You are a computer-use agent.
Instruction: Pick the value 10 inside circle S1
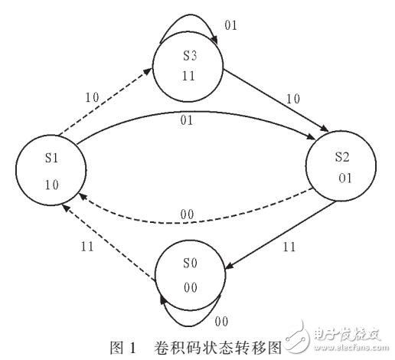tap(51, 185)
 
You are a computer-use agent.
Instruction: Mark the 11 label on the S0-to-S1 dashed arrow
tap(90, 247)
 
